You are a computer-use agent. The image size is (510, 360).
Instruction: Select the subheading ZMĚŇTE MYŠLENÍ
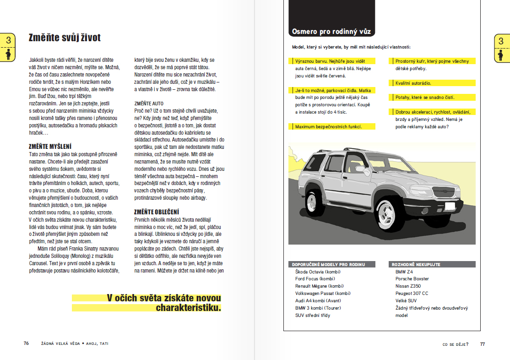pyautogui.click(x=50, y=146)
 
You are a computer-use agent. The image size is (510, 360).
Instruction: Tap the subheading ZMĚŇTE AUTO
pyautogui.click(x=149, y=104)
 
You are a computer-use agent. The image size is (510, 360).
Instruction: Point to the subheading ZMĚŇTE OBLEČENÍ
pyautogui.click(x=156, y=212)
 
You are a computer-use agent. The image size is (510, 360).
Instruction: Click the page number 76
pyautogui.click(x=27, y=343)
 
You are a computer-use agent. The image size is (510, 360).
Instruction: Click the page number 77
pyautogui.click(x=482, y=344)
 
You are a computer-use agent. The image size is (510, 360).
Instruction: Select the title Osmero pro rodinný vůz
pyautogui.click(x=331, y=32)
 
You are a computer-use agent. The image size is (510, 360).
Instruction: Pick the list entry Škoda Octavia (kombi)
pyautogui.click(x=318, y=272)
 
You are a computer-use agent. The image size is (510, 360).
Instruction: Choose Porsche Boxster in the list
pyautogui.click(x=412, y=279)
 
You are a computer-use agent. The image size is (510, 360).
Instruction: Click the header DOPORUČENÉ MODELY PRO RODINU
pyautogui.click(x=328, y=264)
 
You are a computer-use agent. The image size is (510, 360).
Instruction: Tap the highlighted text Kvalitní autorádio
pyautogui.click(x=413, y=83)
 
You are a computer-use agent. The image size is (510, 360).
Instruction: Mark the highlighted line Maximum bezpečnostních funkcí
pyautogui.click(x=329, y=126)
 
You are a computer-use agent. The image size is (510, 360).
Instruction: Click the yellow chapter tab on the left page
pyautogui.click(x=8, y=47)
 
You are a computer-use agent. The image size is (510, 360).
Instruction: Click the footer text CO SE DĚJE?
pyautogui.click(x=456, y=344)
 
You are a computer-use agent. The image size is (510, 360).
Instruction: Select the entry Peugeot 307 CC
pyautogui.click(x=412, y=294)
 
